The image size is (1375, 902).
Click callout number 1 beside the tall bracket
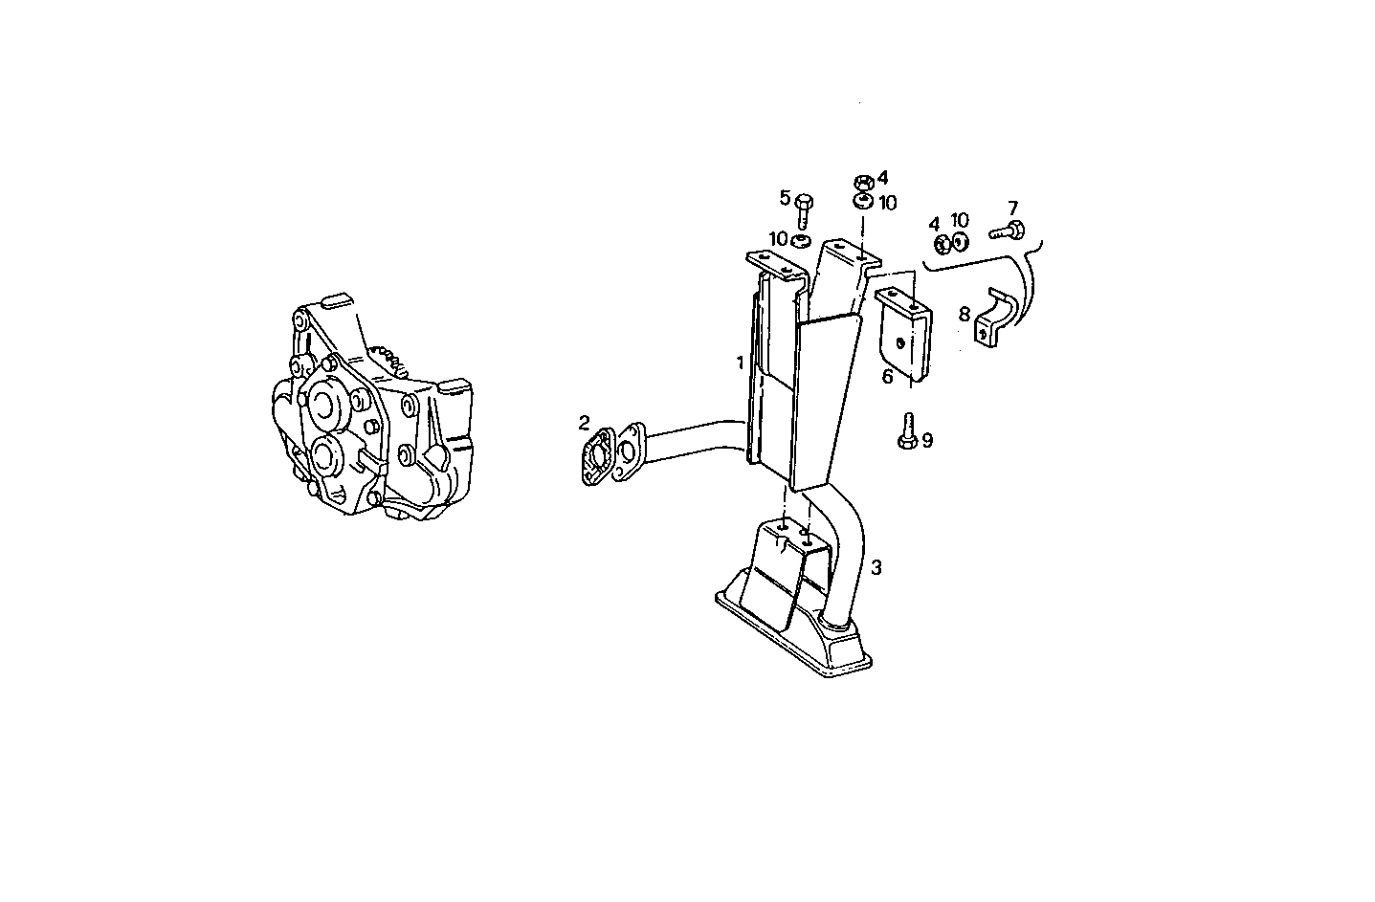740,363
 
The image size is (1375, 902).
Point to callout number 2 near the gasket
584,422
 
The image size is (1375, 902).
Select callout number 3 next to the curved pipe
876,567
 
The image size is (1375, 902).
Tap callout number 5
785,198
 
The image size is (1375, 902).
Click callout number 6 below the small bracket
887,377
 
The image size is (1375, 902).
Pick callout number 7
1012,208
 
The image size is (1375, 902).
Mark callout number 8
964,313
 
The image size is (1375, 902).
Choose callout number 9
926,440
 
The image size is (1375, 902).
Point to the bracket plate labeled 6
904,335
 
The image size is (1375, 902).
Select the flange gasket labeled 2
600,458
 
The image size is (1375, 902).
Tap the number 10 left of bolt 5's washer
777,237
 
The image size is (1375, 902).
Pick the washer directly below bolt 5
804,239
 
